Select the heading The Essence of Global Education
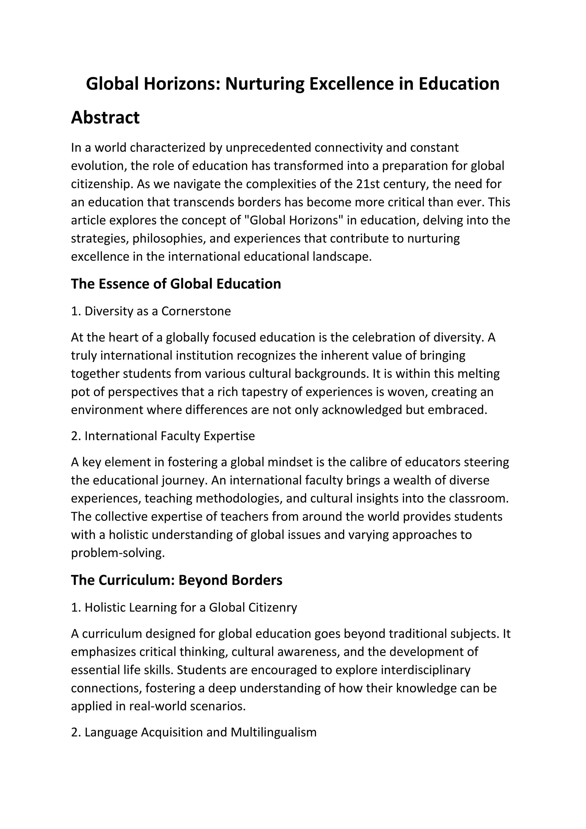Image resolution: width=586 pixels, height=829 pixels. (176, 284)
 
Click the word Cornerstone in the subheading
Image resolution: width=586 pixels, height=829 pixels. (196, 311)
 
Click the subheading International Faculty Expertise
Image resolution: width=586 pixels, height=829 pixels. (163, 436)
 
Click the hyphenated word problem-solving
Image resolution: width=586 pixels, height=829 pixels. (118, 553)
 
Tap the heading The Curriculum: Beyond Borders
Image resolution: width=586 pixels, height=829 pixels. (177, 580)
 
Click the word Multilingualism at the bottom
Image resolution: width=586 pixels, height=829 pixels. (274, 732)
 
